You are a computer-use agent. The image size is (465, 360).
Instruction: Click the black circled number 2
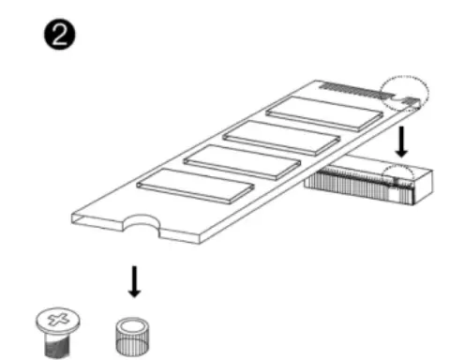tap(59, 36)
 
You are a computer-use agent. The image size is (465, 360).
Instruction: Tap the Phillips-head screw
tap(57, 331)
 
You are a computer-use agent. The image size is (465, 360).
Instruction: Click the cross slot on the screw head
tap(57, 320)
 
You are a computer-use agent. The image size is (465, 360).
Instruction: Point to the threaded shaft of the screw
tap(57, 344)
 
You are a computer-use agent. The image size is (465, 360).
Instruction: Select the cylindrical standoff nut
tap(132, 337)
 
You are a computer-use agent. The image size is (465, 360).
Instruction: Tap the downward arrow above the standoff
tap(134, 282)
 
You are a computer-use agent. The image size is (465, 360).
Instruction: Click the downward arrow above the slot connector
tap(401, 142)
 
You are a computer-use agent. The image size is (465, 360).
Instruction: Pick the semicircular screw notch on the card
tap(142, 224)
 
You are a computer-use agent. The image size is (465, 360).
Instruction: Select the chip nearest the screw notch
tap(195, 187)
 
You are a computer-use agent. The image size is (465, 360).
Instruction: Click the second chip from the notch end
tap(242, 162)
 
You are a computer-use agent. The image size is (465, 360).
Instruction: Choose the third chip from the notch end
tap(281, 139)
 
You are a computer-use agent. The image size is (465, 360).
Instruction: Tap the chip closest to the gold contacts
tap(324, 113)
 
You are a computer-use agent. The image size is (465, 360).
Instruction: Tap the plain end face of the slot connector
tap(424, 187)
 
